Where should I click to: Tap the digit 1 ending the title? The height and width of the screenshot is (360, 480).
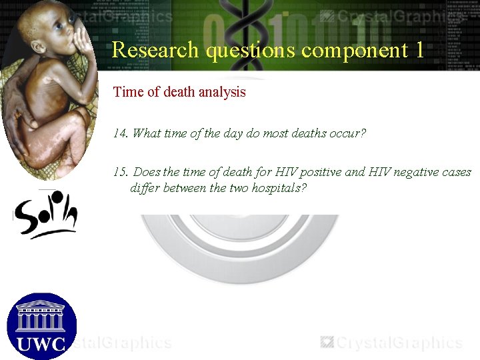click(419, 50)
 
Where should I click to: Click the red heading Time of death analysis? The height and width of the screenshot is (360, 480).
click(179, 92)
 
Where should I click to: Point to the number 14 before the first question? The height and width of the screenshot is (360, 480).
click(120, 133)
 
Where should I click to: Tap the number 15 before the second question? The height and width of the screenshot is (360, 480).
click(121, 172)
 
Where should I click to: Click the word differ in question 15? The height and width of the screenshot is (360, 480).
click(145, 188)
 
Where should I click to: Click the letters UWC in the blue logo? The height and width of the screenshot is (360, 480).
click(41, 343)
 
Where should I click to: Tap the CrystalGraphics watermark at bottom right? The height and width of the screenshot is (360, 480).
click(399, 343)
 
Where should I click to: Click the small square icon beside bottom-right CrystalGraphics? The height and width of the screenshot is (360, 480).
click(327, 342)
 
